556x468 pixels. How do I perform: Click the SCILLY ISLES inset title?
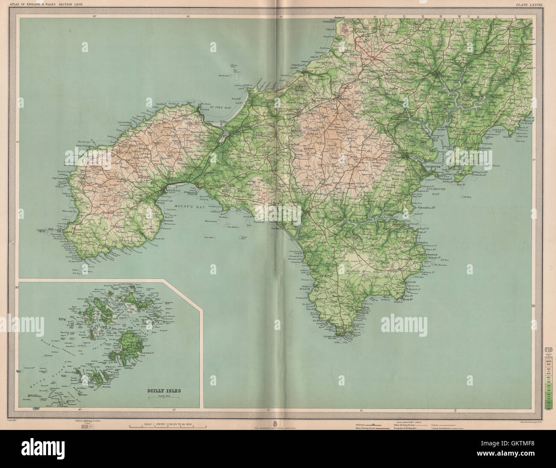pyautogui.click(x=162, y=390)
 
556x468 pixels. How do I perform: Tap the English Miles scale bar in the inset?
pyautogui.click(x=162, y=397)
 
